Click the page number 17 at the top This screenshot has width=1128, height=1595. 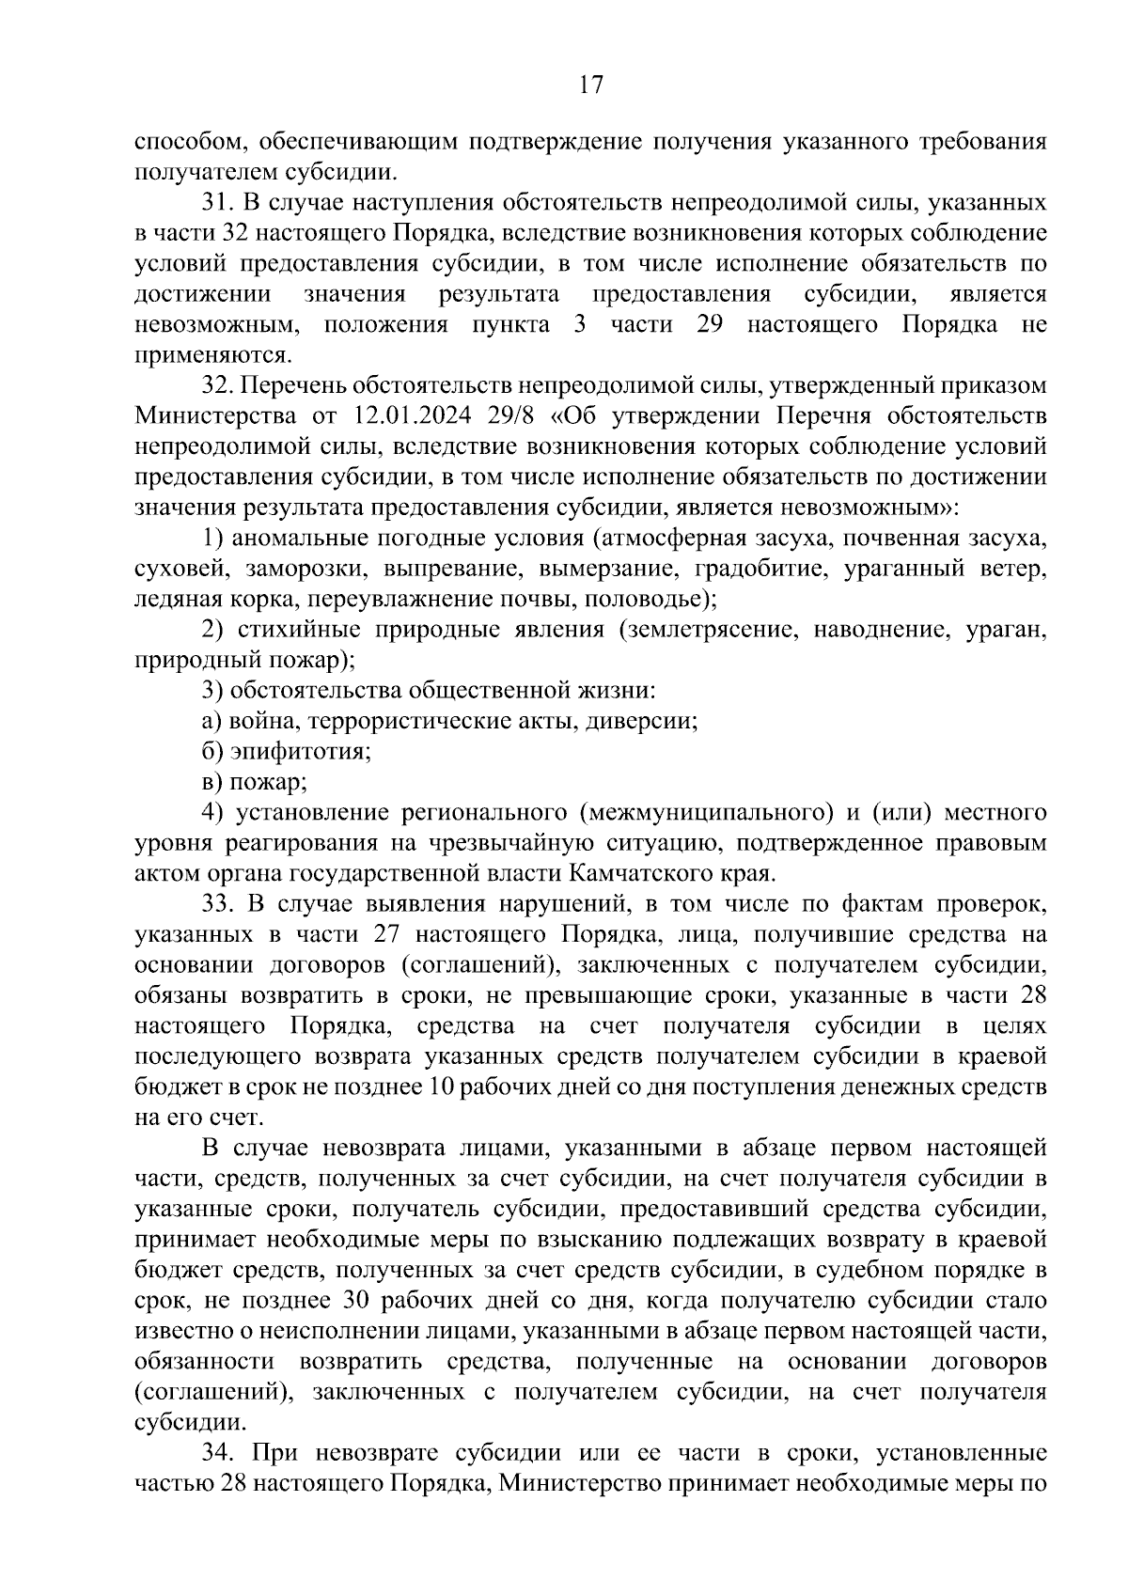point(589,86)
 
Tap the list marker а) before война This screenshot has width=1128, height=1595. point(211,722)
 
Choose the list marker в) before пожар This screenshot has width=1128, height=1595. point(211,782)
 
